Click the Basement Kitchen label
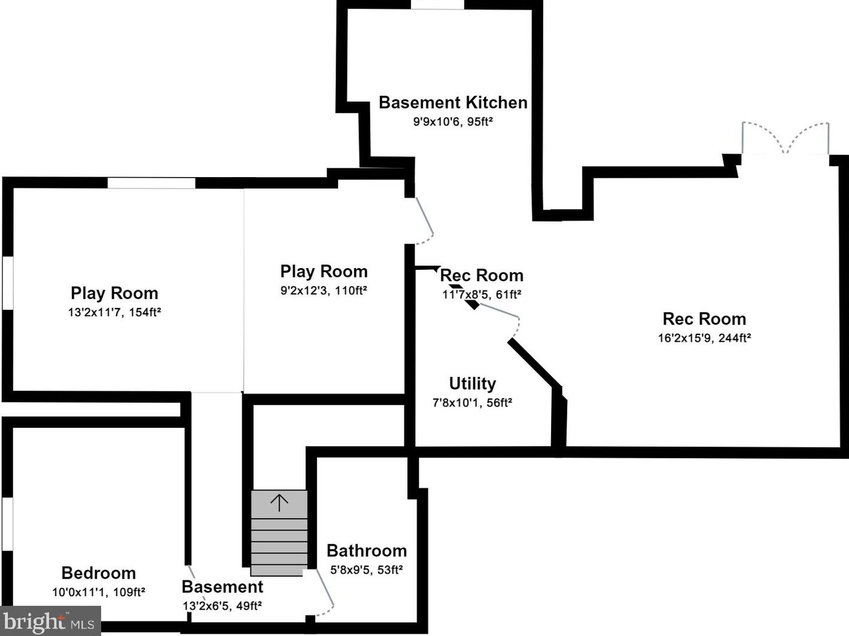[453, 102]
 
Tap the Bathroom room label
[366, 550]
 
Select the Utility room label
[472, 384]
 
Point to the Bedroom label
[98, 573]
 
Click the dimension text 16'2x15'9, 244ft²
[704, 337]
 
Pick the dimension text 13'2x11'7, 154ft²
[114, 312]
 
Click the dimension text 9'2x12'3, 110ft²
[324, 290]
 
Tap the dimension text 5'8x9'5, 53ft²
[366, 570]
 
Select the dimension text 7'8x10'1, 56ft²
[472, 403]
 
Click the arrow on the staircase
[279, 502]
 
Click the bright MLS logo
[50, 621]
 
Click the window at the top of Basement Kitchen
[437, 5]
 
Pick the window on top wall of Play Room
[151, 183]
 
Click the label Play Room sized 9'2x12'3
[324, 271]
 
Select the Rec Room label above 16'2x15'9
[704, 318]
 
